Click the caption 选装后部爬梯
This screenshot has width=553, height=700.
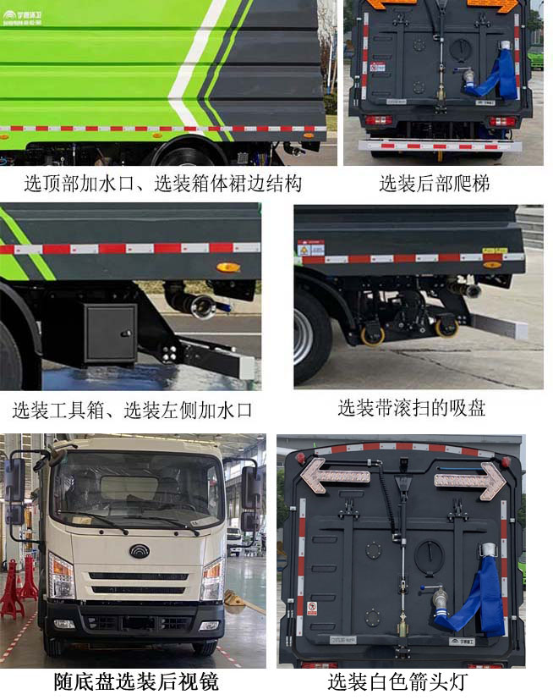click(x=434, y=183)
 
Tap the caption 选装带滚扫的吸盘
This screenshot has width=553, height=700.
click(x=412, y=409)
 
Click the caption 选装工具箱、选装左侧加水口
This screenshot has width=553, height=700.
click(x=133, y=411)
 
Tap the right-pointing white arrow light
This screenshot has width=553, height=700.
click(x=470, y=480)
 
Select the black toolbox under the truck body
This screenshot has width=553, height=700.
click(x=110, y=333)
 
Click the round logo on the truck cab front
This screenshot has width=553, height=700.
click(x=139, y=551)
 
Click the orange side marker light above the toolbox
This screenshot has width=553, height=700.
click(x=227, y=267)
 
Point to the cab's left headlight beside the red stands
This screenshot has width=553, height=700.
click(x=61, y=576)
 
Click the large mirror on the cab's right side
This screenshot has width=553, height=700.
click(x=251, y=488)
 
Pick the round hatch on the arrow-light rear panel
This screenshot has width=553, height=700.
click(x=429, y=555)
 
